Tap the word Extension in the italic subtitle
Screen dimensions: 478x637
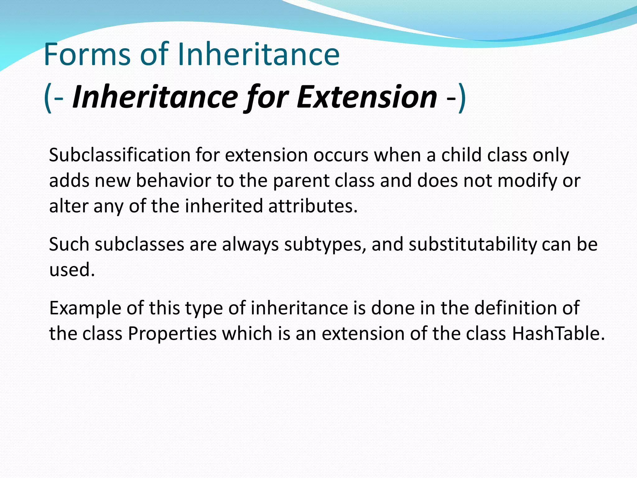pyautogui.click(x=367, y=97)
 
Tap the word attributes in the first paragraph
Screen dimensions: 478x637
pyautogui.click(x=313, y=206)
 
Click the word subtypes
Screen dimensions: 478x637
pyautogui.click(x=325, y=245)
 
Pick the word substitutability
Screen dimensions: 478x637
pyautogui.click(x=473, y=245)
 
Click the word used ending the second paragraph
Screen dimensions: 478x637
pyautogui.click(x=72, y=270)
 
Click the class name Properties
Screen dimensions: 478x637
pyautogui.click(x=172, y=334)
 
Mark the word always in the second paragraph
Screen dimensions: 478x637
pyautogui.click(x=250, y=245)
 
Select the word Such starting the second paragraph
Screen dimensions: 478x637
pyautogui.click(x=69, y=245)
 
